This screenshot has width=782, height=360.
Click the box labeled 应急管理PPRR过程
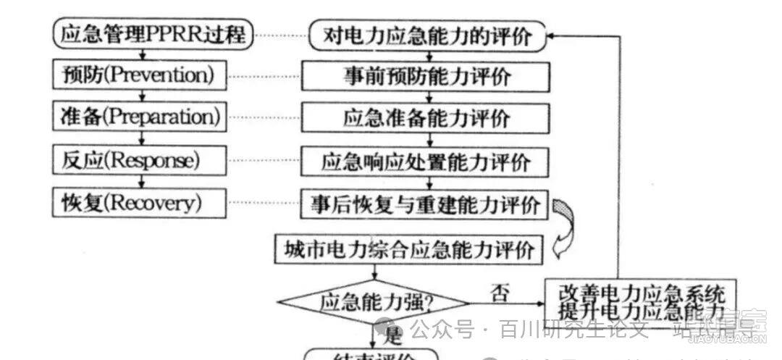tap(153, 34)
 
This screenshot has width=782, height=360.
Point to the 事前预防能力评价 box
tap(426, 76)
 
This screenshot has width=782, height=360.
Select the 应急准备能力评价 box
tap(426, 117)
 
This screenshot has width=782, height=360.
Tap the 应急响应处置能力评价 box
tap(426, 161)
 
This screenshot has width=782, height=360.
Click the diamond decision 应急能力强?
tap(374, 301)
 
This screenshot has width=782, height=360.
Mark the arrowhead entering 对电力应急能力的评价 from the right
tap(552, 35)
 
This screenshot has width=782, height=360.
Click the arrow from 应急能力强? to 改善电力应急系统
tap(507, 302)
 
